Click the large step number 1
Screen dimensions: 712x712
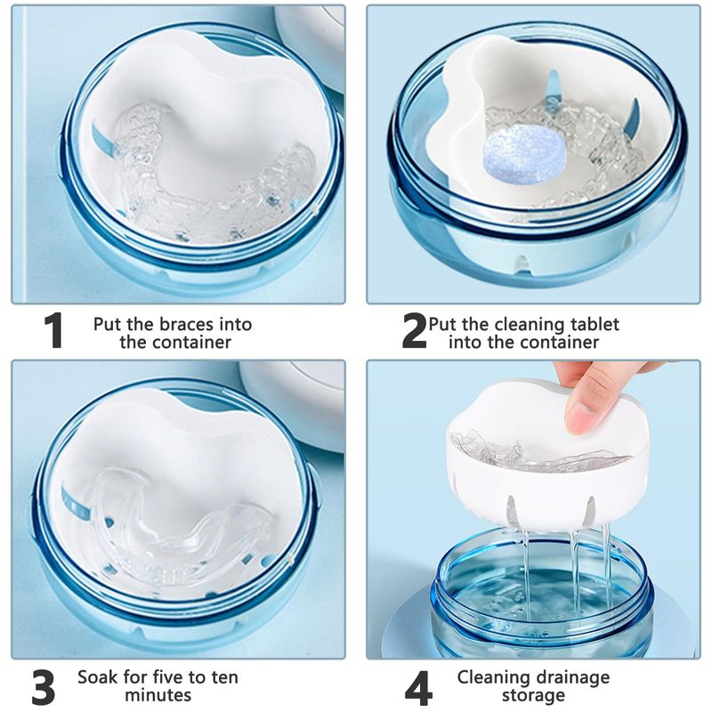click(53, 330)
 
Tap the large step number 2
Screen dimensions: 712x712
click(414, 330)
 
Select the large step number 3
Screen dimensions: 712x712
click(44, 686)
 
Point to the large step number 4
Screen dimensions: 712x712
click(417, 686)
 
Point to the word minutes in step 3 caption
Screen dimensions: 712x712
click(158, 695)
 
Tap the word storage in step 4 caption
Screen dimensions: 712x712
click(533, 696)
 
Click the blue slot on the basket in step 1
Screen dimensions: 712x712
click(102, 137)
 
